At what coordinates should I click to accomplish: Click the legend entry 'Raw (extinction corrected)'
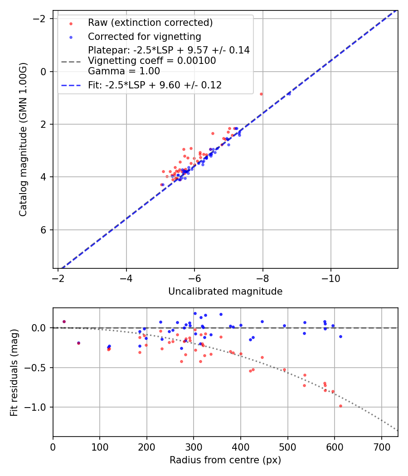pyautogui.click(x=150, y=23)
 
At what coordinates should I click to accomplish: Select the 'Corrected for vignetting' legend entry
pyautogui.click(x=144, y=36)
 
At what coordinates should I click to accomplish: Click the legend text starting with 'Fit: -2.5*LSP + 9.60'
pyautogui.click(x=155, y=85)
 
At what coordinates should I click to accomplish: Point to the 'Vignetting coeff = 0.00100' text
pyautogui.click(x=152, y=61)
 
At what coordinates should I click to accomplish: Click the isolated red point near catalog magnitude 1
pyautogui.click(x=261, y=94)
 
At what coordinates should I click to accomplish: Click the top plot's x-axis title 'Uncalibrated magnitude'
pyautogui.click(x=225, y=291)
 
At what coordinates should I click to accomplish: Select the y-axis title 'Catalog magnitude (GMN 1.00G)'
pyautogui.click(x=23, y=139)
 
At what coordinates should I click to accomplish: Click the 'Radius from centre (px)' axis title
pyautogui.click(x=225, y=460)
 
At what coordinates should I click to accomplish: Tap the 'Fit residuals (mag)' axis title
pyautogui.click(x=14, y=372)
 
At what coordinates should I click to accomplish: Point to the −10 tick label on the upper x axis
pyautogui.click(x=330, y=278)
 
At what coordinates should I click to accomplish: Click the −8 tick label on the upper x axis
pyautogui.click(x=262, y=278)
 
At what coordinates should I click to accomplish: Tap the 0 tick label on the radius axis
pyautogui.click(x=53, y=447)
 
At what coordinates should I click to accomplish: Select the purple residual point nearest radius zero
pyautogui.click(x=64, y=321)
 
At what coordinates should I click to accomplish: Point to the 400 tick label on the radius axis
pyautogui.click(x=241, y=447)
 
